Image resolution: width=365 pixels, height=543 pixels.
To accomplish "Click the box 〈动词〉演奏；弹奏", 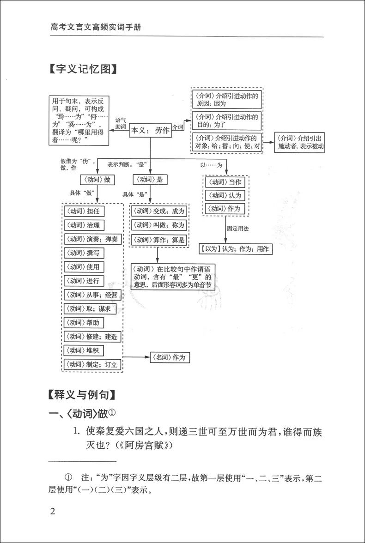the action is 91,239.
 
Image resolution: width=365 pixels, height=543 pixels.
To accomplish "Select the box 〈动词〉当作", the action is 225,182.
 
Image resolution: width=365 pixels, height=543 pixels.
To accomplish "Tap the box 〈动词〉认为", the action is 225,195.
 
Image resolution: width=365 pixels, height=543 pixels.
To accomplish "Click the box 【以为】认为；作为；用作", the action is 236,249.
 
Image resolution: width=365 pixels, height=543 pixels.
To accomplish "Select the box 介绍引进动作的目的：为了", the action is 226,120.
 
